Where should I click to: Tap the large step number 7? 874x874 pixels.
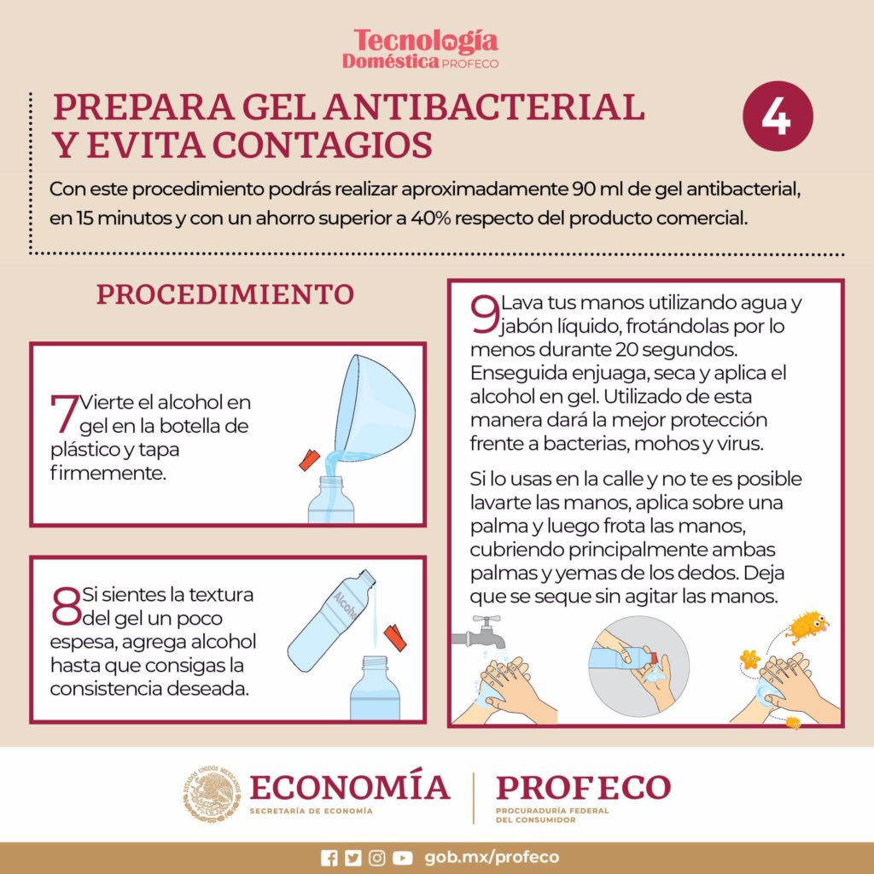coord(65,414)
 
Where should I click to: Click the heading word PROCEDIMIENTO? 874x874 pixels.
coord(224,294)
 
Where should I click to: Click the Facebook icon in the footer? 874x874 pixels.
coord(329,858)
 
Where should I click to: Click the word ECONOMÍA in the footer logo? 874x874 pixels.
coord(349,786)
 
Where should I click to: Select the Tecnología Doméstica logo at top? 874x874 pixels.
coord(426,49)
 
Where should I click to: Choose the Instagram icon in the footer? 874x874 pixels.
coord(377,858)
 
